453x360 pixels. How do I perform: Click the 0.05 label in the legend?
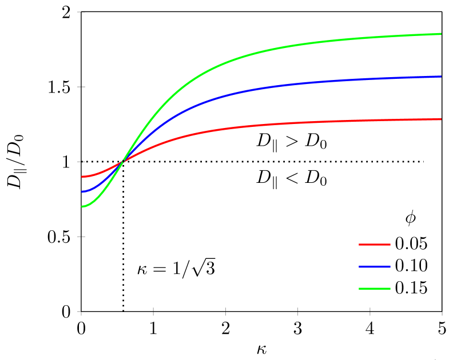point(411,244)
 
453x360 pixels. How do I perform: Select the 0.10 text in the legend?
point(411,266)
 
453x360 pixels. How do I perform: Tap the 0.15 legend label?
point(411,288)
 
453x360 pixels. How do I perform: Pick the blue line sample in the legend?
point(374,266)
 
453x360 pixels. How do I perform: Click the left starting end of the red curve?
point(82,177)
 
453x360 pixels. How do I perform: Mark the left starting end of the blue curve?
point(82,191)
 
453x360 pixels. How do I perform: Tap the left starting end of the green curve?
point(82,206)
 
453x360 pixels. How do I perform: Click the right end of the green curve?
point(441,34)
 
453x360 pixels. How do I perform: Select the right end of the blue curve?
point(441,76)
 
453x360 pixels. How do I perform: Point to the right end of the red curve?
point(441,119)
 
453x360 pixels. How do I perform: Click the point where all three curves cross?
point(123,162)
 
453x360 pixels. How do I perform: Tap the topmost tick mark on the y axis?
point(81,12)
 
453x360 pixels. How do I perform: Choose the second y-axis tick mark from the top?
point(81,87)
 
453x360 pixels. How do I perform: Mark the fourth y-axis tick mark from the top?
point(81,237)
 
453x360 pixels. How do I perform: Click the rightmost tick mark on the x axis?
point(442,311)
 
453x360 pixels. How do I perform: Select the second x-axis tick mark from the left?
point(153,311)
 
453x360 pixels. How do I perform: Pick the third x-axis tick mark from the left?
point(225,311)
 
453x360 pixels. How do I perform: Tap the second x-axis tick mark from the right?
point(370,311)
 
